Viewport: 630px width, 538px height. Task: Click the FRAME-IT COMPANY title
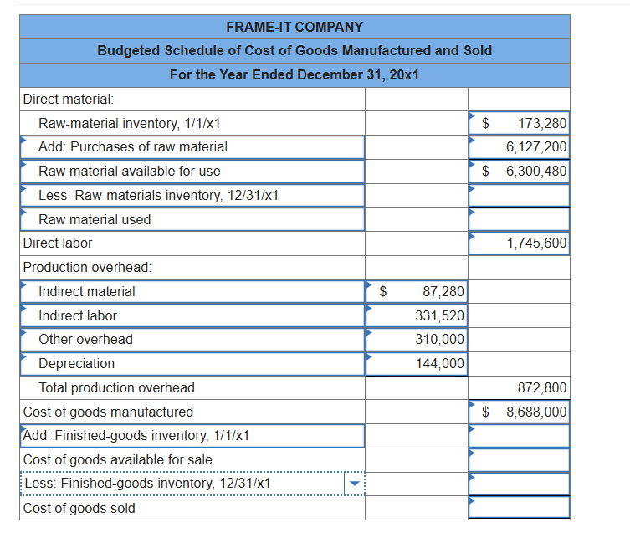click(x=295, y=27)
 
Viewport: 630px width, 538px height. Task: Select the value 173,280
click(x=542, y=123)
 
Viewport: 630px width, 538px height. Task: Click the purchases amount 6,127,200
click(x=536, y=147)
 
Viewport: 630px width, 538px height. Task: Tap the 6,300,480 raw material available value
click(x=536, y=172)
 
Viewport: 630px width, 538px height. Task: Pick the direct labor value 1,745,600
click(x=536, y=243)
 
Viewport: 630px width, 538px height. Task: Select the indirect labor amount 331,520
click(x=440, y=316)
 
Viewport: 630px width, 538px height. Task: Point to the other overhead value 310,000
click(x=440, y=340)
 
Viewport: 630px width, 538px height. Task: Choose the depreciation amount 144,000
click(x=440, y=364)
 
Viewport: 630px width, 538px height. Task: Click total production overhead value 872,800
click(x=542, y=388)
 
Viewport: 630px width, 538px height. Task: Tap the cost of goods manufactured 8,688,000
click(x=536, y=412)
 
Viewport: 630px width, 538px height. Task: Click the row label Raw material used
click(x=95, y=219)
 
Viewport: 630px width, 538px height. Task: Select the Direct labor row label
click(x=58, y=243)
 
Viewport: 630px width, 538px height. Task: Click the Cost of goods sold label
click(x=79, y=509)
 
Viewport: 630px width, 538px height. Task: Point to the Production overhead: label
click(x=87, y=268)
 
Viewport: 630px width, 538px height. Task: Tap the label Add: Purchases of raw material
click(x=133, y=147)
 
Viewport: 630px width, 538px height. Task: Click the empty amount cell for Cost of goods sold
click(x=519, y=508)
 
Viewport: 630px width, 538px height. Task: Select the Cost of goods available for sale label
click(x=117, y=460)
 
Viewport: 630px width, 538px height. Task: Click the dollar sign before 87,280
click(x=382, y=292)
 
